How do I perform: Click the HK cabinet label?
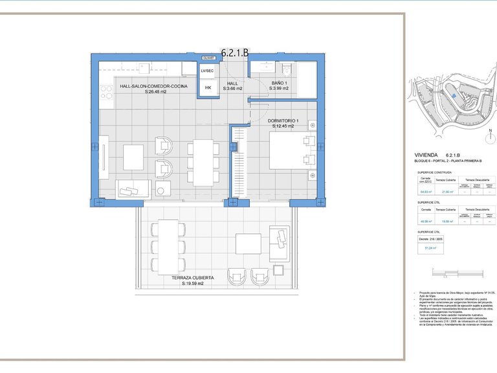208,88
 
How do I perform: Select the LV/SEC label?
208,71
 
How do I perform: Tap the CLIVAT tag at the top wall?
208,58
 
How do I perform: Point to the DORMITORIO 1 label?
283,121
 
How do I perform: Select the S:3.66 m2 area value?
232,89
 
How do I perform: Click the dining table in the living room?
203,162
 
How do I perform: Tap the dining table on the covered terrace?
168,247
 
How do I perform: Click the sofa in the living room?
133,188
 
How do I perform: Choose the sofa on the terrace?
279,244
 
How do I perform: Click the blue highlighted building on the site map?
454,97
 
